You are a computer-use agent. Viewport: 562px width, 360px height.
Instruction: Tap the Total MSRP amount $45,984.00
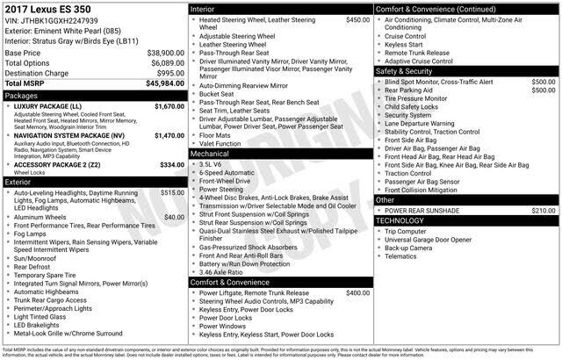(x=165, y=84)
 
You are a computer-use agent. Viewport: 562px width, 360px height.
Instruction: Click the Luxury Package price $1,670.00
(x=169, y=106)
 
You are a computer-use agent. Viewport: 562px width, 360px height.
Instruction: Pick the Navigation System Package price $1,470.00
(x=169, y=136)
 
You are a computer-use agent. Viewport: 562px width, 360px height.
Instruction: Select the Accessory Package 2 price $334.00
(x=171, y=165)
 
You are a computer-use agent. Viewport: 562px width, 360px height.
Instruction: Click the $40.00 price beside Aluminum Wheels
(x=174, y=217)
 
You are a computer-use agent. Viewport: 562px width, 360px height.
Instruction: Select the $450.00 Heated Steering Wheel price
(x=357, y=19)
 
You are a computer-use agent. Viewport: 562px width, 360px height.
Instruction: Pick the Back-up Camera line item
(x=408, y=248)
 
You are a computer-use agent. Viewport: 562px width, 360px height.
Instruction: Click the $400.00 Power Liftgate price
(x=357, y=293)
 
